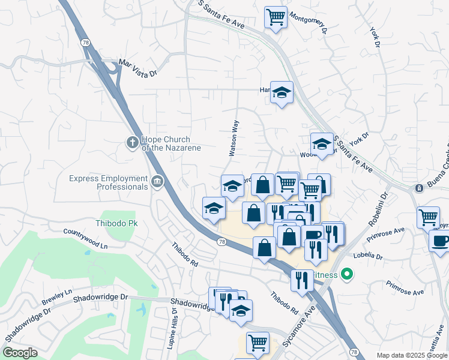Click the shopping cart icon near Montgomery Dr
point(276,17)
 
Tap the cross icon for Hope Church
point(132,143)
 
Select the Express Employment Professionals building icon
point(157,181)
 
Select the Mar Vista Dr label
point(137,67)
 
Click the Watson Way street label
point(235,138)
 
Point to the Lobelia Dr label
point(368,255)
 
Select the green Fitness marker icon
point(346,275)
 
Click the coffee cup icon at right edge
point(441,241)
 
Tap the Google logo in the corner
point(20,353)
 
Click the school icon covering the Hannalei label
point(282,92)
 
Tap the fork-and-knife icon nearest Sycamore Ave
point(302,279)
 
